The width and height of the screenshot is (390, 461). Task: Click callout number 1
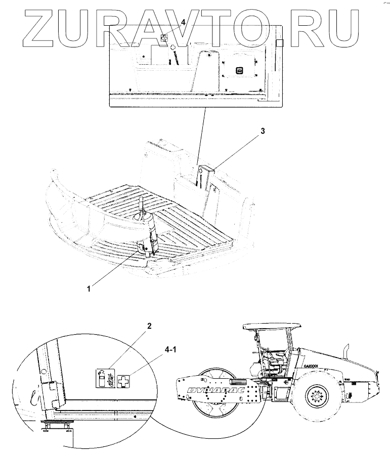coord(89,288)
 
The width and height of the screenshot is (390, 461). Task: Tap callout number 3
coord(262,131)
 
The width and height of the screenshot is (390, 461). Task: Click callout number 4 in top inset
coord(184,22)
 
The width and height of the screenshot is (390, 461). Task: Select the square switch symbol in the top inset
coord(240,70)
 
